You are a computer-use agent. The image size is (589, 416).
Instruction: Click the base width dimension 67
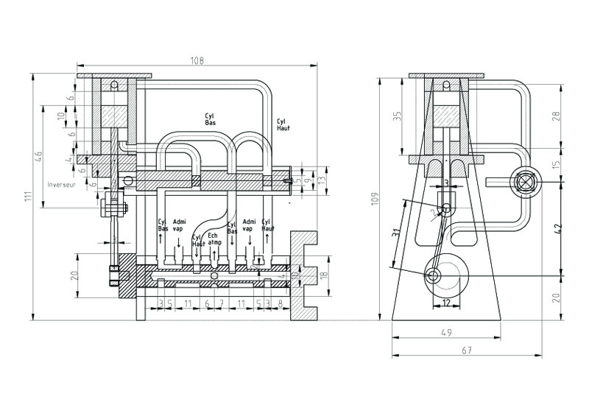[465, 351]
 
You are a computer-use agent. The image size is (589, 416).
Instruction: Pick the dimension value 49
[446, 333]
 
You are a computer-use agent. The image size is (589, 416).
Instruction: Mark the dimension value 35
[398, 116]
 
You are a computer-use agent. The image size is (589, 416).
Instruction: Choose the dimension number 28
[557, 116]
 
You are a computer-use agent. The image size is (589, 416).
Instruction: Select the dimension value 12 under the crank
[446, 303]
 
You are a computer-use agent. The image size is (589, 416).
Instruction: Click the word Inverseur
[62, 184]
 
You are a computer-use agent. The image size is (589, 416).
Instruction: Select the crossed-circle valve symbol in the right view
[527, 181]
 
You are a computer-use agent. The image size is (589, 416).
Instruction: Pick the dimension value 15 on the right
[557, 163]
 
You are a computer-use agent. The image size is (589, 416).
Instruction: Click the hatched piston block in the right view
[447, 116]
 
